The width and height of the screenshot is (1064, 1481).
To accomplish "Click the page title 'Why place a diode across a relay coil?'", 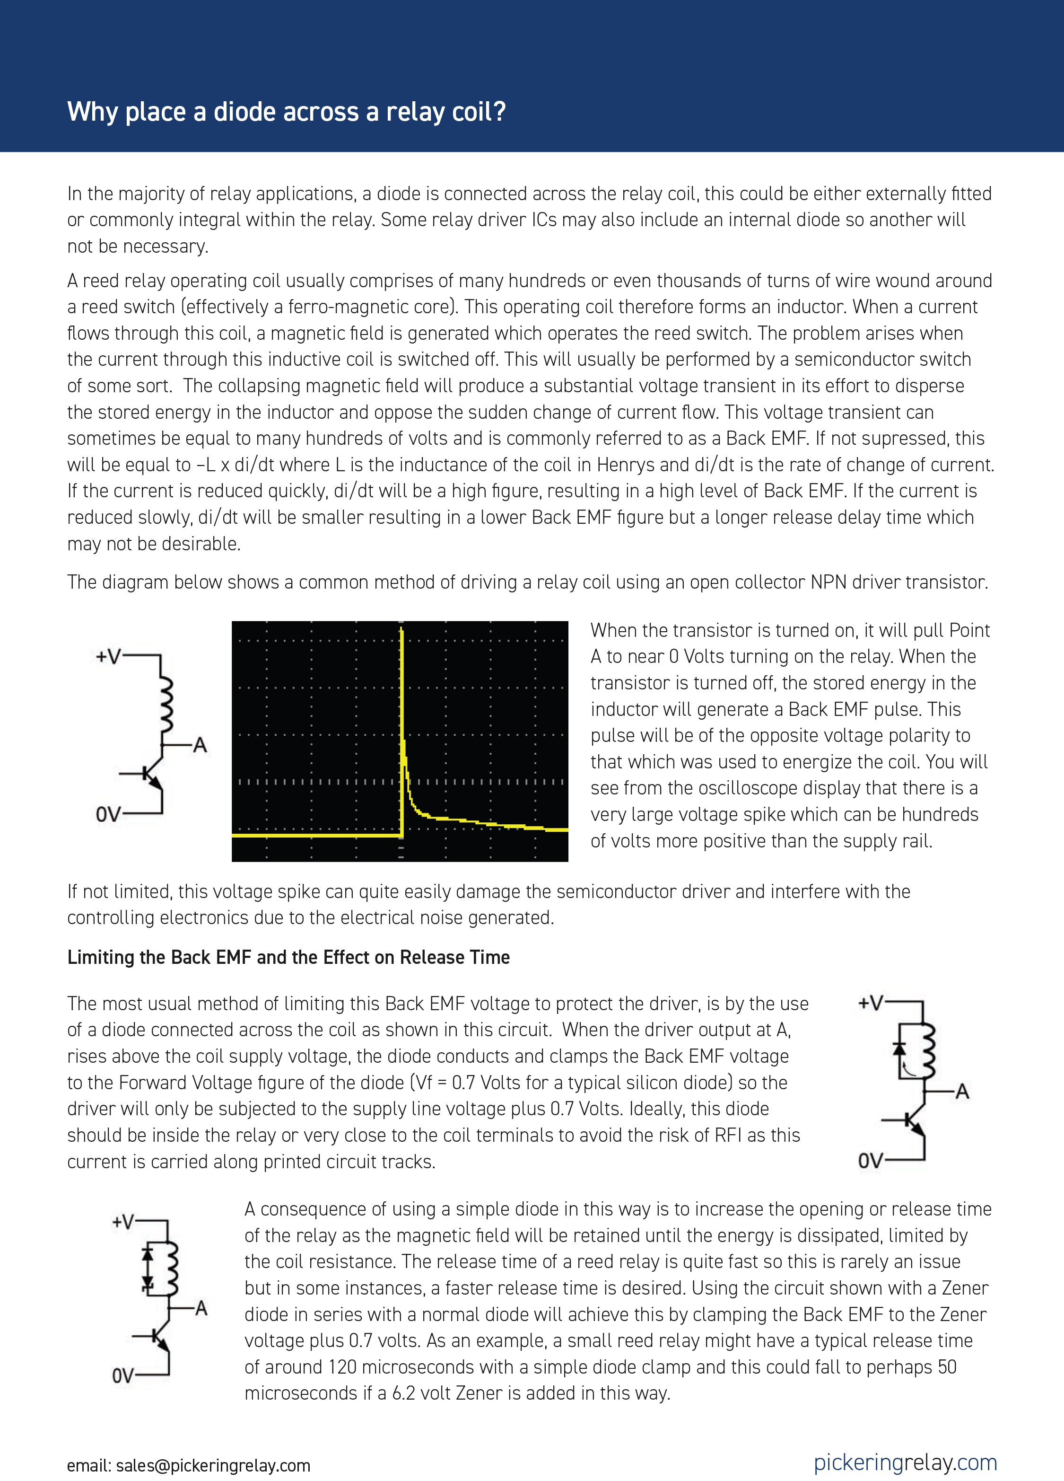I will (x=286, y=112).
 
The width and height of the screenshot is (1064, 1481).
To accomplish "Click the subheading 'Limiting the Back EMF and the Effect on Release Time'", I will (x=288, y=957).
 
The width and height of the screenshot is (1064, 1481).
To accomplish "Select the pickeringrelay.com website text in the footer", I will (x=905, y=1462).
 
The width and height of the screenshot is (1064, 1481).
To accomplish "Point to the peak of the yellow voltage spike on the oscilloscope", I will (x=401, y=631).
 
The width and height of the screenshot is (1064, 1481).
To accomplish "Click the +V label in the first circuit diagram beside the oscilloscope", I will (x=108, y=656).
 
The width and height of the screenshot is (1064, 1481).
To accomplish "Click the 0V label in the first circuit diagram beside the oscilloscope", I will (x=108, y=814).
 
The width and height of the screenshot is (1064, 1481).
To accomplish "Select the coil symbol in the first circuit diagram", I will (x=166, y=705).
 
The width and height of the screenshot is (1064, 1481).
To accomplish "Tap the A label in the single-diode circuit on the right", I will (x=961, y=1092).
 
